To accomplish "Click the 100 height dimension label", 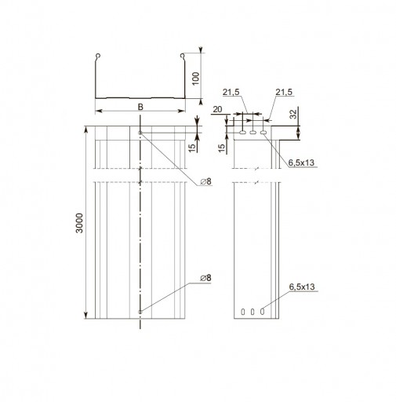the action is click(195, 79).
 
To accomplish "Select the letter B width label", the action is click(140, 107).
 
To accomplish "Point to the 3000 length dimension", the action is click(79, 223).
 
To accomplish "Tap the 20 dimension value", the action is click(217, 109).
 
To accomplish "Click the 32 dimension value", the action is click(294, 115).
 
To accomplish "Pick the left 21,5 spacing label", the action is click(231, 92).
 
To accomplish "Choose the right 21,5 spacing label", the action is click(284, 92).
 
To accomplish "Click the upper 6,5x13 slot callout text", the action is click(301, 163).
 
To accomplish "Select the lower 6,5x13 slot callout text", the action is click(302, 287).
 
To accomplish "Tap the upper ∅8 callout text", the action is click(206, 181).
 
